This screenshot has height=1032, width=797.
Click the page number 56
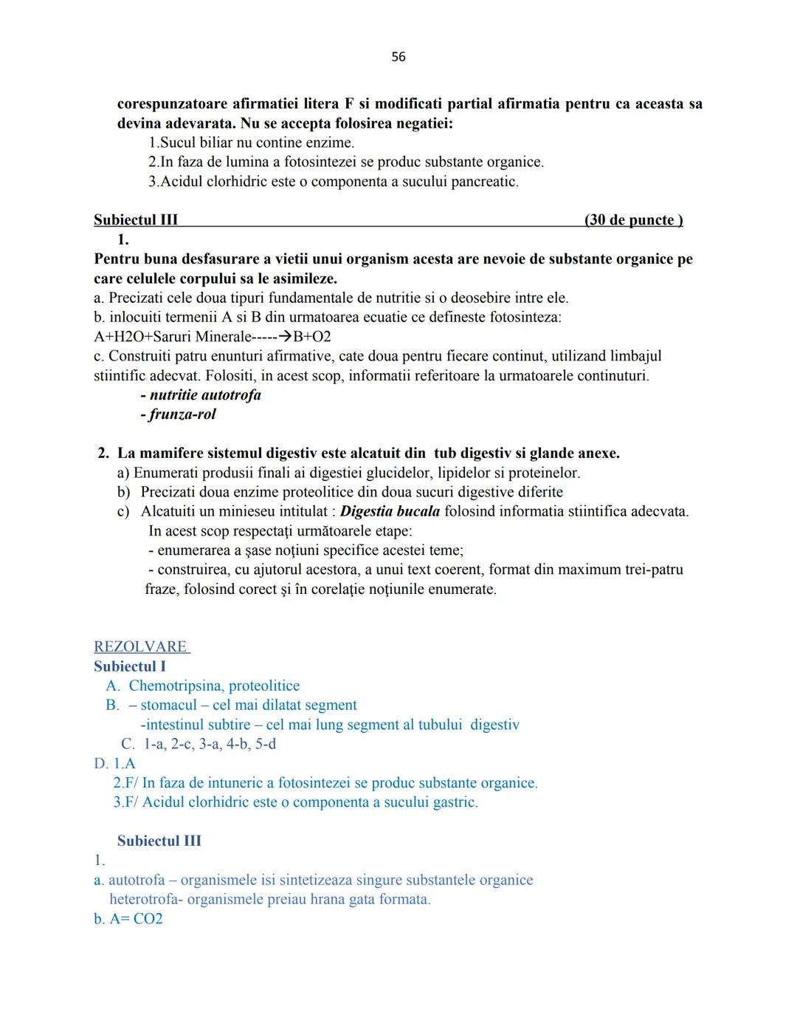click(x=398, y=57)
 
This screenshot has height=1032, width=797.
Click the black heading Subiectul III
click(x=136, y=220)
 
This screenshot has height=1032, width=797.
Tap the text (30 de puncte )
click(x=633, y=220)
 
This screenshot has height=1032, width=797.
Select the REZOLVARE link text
click(x=141, y=646)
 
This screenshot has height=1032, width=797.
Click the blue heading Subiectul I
click(x=130, y=666)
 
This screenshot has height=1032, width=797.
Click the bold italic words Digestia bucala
click(x=390, y=511)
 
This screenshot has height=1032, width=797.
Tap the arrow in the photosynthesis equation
click(x=283, y=337)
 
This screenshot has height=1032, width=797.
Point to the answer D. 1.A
click(x=114, y=763)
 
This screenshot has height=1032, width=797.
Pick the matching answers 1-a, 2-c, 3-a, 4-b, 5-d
click(x=210, y=744)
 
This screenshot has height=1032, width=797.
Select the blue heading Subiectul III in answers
click(x=159, y=841)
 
